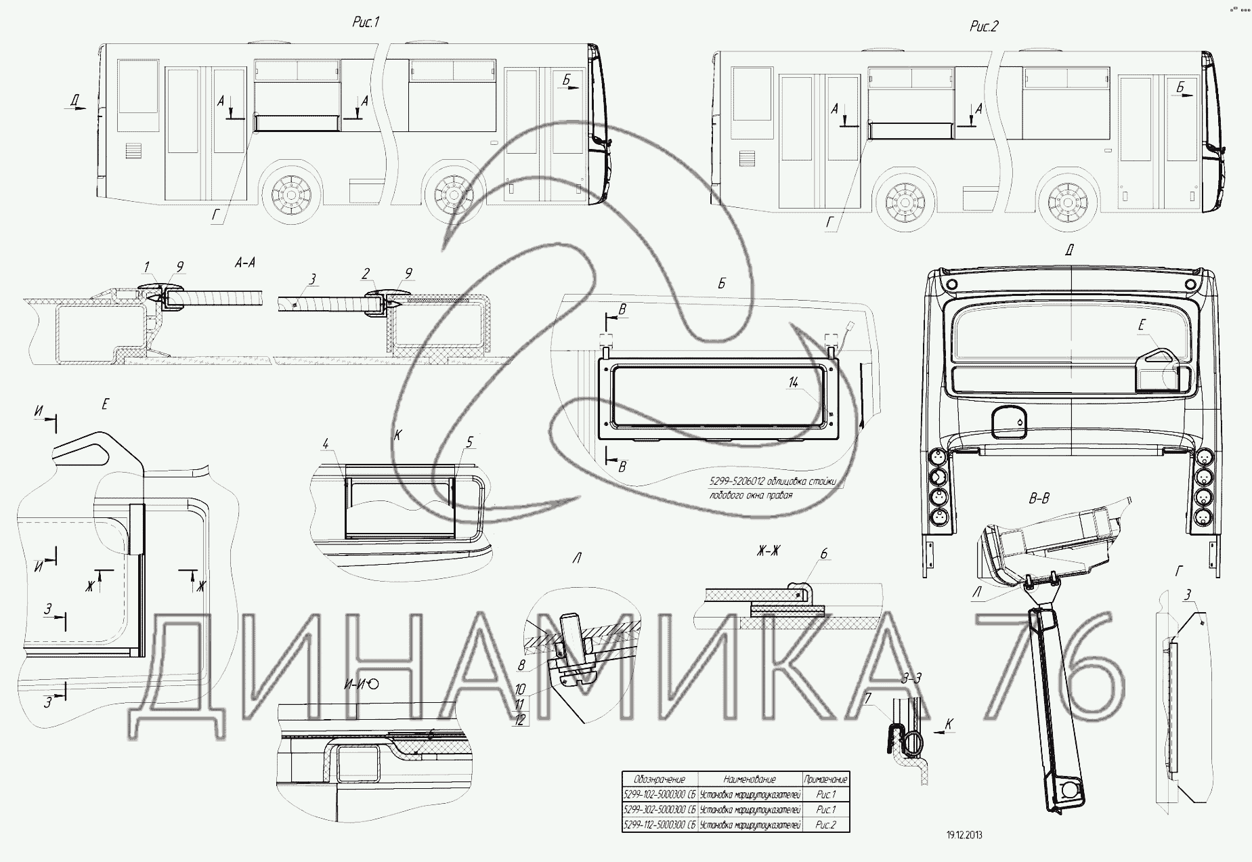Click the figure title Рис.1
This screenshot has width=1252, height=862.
366,22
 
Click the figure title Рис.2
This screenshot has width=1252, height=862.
984,26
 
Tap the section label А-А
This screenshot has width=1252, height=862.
244,263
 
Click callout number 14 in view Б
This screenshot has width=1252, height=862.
794,383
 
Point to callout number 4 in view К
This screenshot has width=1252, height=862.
326,444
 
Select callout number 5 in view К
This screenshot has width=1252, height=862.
470,441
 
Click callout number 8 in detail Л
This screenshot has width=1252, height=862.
521,665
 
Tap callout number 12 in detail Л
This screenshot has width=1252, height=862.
520,720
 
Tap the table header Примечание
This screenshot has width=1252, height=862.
825,779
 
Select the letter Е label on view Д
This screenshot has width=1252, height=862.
1141,326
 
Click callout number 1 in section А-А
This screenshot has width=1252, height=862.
147,266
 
